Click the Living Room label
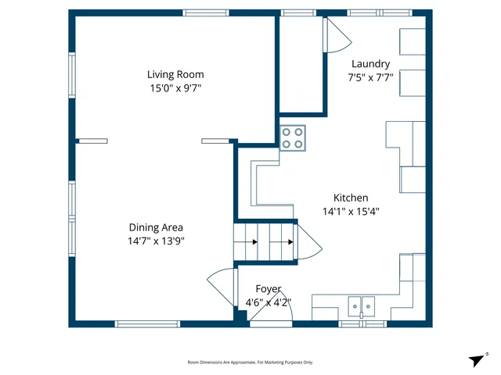pos(175,75)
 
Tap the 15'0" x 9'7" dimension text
pos(175,89)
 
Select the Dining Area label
pos(156,227)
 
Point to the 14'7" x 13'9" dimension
pos(156,241)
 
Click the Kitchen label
pos(351,198)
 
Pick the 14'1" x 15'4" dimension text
pos(351,212)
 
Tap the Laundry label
pos(370,64)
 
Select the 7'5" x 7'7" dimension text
pos(370,77)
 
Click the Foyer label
pos(268,289)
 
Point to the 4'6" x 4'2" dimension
pos(268,302)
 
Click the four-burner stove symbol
pos(293,138)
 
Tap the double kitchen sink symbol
pos(362,305)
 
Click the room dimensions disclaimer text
pos(250,362)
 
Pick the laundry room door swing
pos(337,35)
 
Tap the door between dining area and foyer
pos(222,285)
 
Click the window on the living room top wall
pos(206,12)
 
